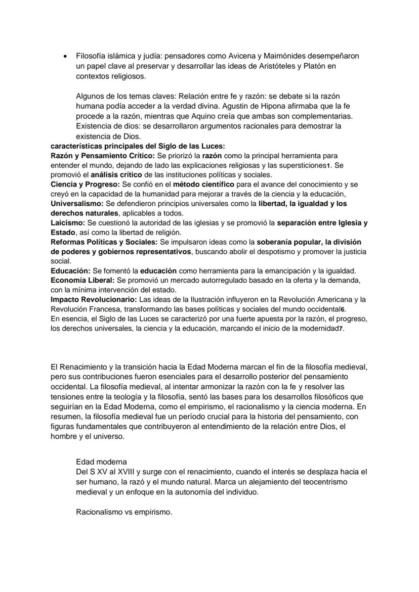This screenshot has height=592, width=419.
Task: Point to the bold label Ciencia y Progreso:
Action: [85, 185]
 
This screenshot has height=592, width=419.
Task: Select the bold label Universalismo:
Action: [77, 204]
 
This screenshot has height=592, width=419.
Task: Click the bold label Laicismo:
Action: [68, 223]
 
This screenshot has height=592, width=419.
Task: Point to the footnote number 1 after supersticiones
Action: [327, 166]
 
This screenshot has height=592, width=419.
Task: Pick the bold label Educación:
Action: [70, 271]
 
